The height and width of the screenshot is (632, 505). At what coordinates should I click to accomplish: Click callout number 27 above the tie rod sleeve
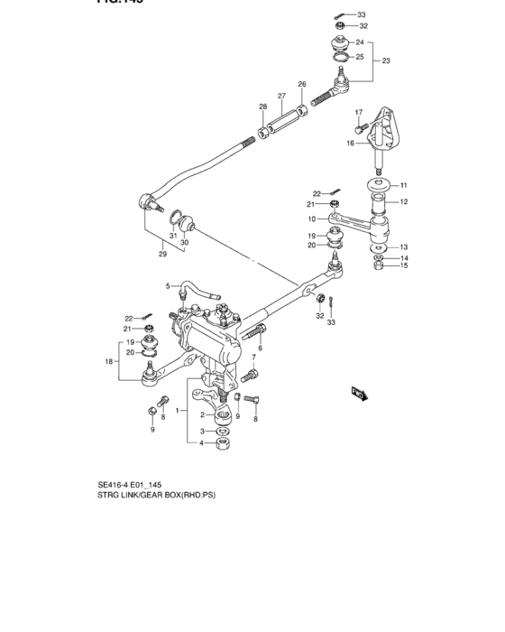(x=281, y=96)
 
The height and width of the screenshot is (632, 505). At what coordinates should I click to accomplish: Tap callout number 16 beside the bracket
(x=351, y=143)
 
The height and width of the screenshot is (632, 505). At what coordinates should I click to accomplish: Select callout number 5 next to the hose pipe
(x=167, y=286)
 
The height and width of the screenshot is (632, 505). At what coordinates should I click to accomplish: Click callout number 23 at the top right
(x=386, y=61)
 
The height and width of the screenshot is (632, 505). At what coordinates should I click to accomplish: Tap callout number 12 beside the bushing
(x=404, y=201)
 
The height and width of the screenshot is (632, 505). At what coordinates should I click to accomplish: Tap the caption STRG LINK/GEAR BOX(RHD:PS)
(x=157, y=495)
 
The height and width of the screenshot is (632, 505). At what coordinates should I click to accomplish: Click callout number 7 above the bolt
(x=254, y=358)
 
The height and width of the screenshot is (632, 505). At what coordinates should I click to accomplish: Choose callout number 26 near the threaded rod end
(x=302, y=85)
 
